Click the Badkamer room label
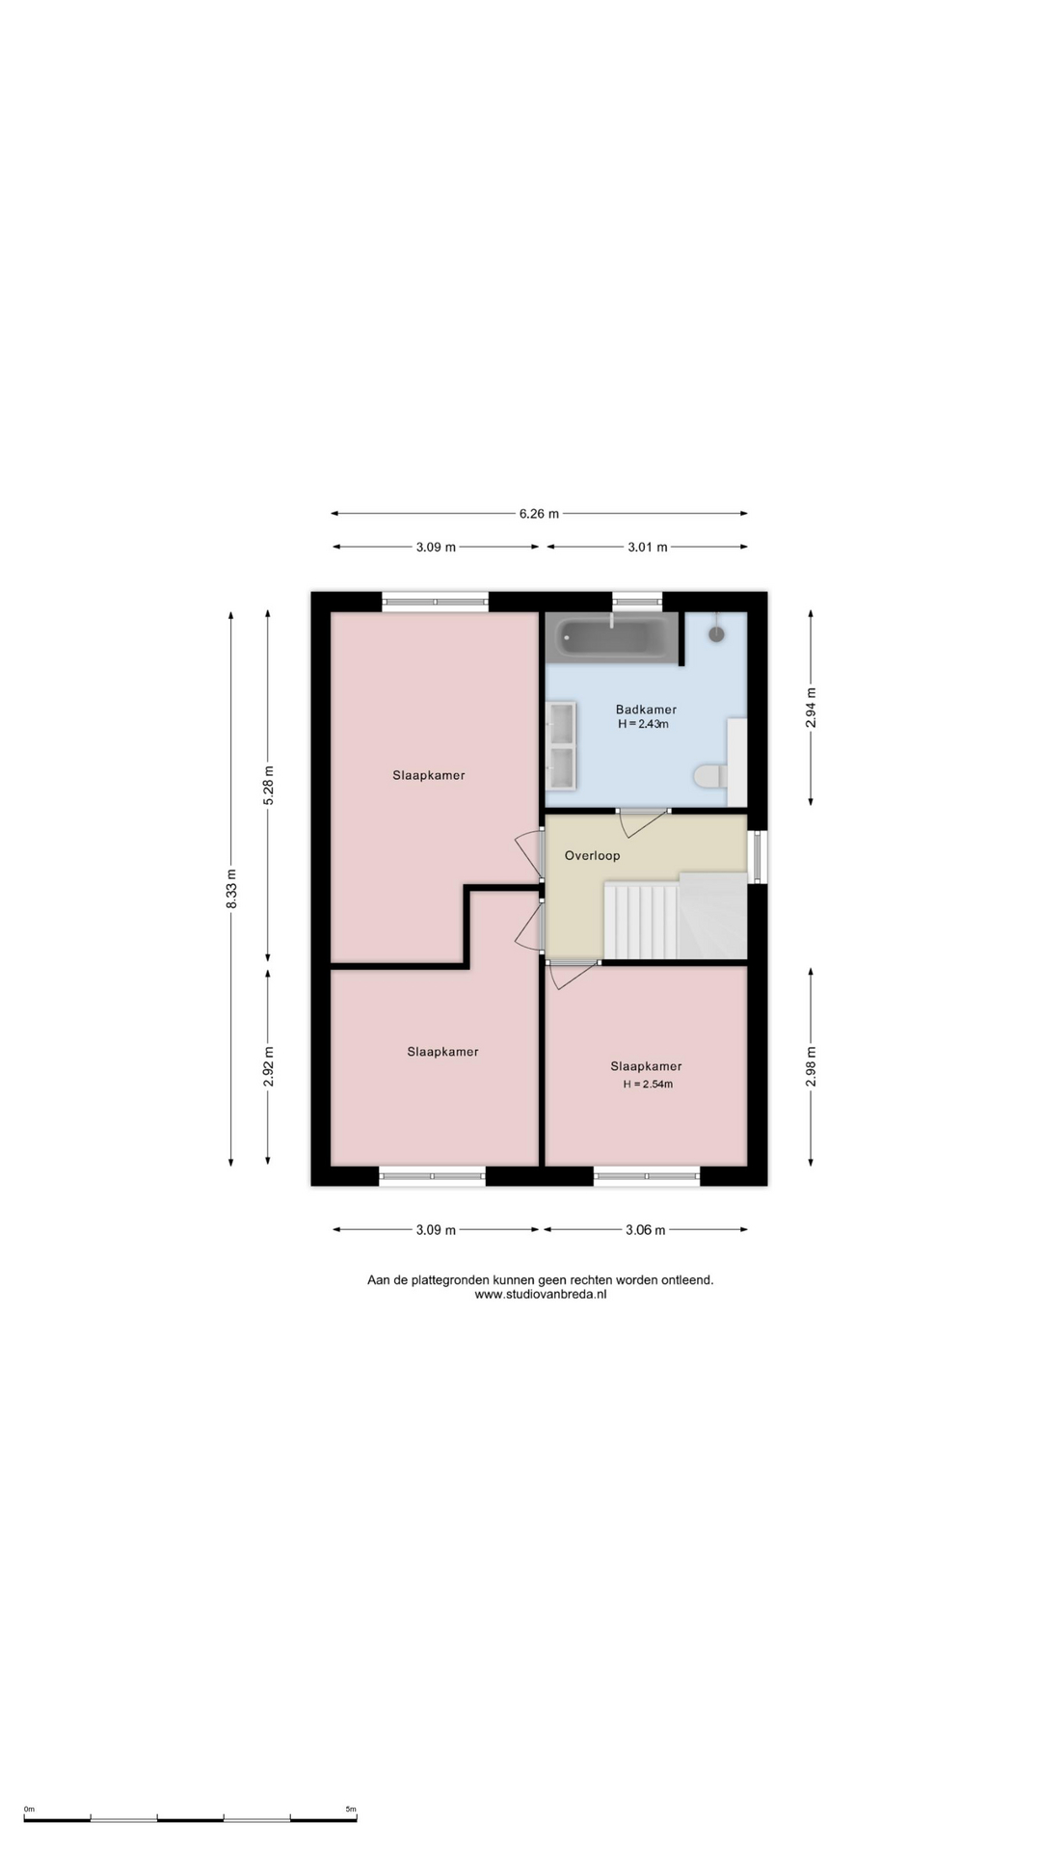click(x=646, y=710)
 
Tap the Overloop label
click(x=592, y=855)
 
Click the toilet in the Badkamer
click(x=711, y=776)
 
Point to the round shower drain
click(x=717, y=634)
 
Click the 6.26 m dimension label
click(x=539, y=514)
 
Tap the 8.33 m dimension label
click(x=231, y=889)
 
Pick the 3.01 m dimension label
click(x=647, y=547)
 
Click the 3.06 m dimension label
click(x=645, y=1229)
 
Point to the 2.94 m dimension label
click(x=811, y=708)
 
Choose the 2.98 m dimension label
click(x=811, y=1066)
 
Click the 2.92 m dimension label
click(x=269, y=1066)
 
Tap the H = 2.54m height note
click(x=648, y=1084)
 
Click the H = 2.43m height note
click(x=643, y=724)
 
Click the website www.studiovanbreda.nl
click(x=541, y=1295)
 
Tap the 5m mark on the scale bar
click(x=351, y=1810)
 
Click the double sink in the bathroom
click(x=561, y=745)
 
